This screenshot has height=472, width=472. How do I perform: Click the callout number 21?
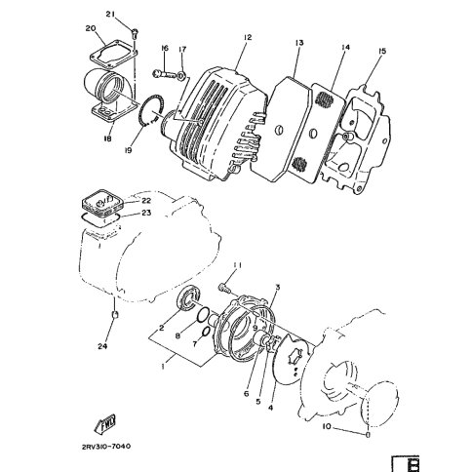click(x=110, y=14)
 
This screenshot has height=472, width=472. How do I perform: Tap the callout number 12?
click(x=248, y=37)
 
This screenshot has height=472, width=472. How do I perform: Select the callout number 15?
click(x=382, y=51)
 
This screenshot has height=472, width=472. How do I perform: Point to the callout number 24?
click(x=102, y=346)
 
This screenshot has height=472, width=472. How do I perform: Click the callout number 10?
click(x=327, y=426)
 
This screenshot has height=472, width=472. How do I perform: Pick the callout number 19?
click(x=129, y=150)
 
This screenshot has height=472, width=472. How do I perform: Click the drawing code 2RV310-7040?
click(x=106, y=447)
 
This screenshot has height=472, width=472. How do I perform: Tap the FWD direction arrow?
click(x=105, y=424)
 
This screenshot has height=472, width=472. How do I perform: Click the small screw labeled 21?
click(x=135, y=32)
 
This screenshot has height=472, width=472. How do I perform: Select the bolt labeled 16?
click(x=164, y=74)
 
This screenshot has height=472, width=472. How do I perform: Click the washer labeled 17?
click(x=181, y=76)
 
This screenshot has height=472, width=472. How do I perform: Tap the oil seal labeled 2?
click(x=187, y=298)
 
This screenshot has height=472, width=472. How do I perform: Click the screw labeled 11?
click(x=224, y=288)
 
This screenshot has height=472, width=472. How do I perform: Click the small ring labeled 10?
click(x=368, y=435)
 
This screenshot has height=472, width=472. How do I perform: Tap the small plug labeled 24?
click(x=114, y=314)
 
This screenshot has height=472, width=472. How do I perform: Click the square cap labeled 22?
click(x=101, y=204)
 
